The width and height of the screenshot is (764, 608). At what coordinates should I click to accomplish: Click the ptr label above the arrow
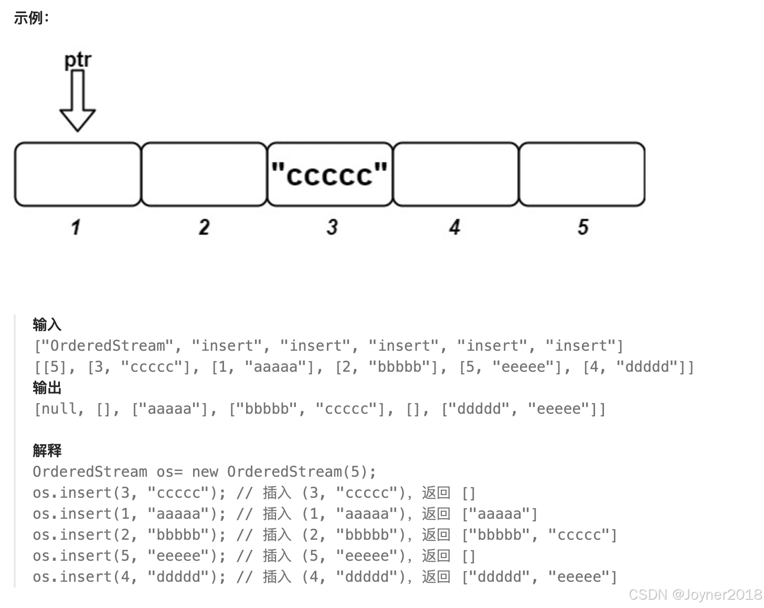pyautogui.click(x=78, y=60)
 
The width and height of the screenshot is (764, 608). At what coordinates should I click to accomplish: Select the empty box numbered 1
pyautogui.click(x=78, y=174)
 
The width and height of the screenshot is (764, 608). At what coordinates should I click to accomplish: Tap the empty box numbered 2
pyautogui.click(x=204, y=174)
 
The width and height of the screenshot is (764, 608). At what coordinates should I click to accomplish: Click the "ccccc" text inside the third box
pyautogui.click(x=330, y=174)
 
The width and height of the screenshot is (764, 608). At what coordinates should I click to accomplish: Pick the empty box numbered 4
pyautogui.click(x=455, y=174)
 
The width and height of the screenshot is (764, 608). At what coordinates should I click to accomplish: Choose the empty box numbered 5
pyautogui.click(x=582, y=174)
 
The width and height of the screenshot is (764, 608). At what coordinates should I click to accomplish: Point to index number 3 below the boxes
pyautogui.click(x=332, y=227)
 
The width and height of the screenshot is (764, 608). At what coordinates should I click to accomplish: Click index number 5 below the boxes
pyautogui.click(x=583, y=227)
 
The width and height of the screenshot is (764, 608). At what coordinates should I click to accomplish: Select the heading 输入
pyautogui.click(x=47, y=324)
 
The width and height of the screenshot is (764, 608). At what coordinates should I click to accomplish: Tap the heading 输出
pyautogui.click(x=47, y=387)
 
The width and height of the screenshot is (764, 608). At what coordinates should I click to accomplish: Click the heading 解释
pyautogui.click(x=47, y=450)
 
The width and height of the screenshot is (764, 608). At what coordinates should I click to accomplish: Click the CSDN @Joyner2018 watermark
pyautogui.click(x=695, y=594)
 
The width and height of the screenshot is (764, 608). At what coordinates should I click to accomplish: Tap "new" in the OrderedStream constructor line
pyautogui.click(x=205, y=472)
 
